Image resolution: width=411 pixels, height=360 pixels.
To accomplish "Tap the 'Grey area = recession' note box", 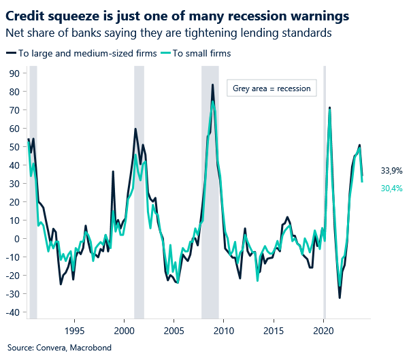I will tap(271, 88).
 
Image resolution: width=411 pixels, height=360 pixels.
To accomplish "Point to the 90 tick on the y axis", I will tap(13, 73).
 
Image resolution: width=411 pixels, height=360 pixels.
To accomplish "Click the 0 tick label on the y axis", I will tap(16, 239).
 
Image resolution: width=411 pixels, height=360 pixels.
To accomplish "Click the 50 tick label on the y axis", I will tap(13, 146).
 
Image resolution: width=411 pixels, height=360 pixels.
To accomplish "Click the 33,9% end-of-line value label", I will tap(391, 171).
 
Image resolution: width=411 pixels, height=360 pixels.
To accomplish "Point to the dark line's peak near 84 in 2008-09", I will tap(213, 85).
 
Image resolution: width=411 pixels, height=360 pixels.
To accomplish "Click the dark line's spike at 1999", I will tap(113, 171).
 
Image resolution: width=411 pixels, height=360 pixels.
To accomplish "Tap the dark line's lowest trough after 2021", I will tap(339, 297).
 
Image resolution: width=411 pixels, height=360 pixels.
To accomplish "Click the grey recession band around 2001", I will tap(139, 191).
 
